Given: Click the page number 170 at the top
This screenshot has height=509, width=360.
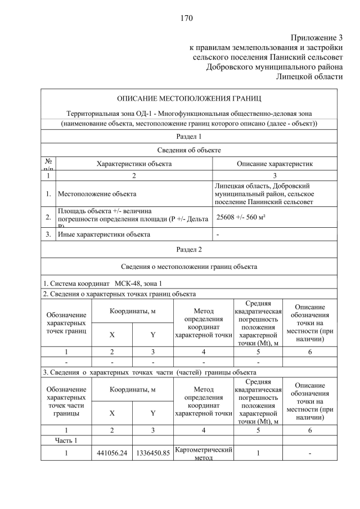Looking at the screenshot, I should [187, 18].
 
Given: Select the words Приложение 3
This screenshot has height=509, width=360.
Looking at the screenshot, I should [316, 38].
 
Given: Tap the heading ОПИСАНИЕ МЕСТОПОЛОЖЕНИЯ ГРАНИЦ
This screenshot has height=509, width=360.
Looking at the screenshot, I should [188, 99].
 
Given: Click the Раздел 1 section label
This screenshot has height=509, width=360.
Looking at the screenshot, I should [188, 137].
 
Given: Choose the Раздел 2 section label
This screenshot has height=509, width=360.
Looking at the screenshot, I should [188, 249].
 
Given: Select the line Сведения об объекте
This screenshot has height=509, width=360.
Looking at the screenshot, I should [188, 150].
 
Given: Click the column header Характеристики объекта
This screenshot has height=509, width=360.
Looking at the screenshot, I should [134, 164].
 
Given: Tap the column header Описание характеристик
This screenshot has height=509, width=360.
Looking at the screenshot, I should [274, 164].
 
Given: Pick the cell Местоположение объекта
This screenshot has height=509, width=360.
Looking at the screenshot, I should [97, 194].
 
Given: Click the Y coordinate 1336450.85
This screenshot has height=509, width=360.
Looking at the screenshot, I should [152, 453].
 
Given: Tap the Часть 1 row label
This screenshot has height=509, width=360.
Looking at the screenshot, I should [66, 440].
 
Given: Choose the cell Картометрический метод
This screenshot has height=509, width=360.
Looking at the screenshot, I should [204, 453].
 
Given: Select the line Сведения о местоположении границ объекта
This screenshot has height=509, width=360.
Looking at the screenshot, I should [188, 267].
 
